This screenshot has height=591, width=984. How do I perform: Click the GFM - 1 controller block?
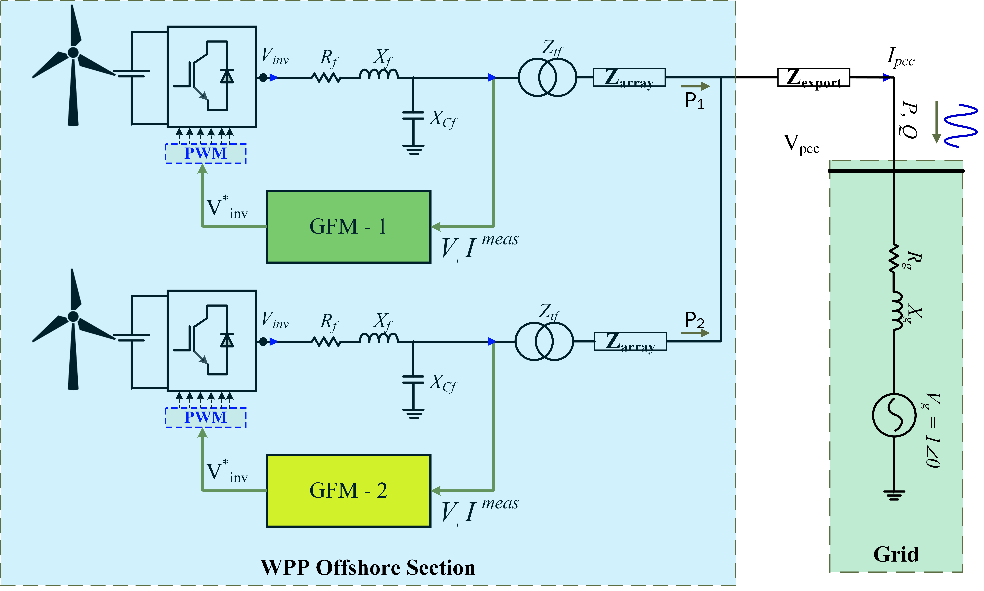pyautogui.click(x=348, y=227)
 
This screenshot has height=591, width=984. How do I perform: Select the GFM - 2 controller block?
pyautogui.click(x=348, y=491)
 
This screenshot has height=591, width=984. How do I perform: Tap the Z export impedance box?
pyautogui.click(x=813, y=77)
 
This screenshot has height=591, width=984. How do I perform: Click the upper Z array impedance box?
pyautogui.click(x=629, y=77)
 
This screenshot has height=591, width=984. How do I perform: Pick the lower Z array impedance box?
pyautogui.click(x=630, y=341)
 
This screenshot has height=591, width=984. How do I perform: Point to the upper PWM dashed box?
pyautogui.click(x=206, y=153)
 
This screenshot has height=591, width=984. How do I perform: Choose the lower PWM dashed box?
pyautogui.click(x=206, y=417)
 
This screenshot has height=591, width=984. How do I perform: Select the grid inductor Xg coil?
pyautogui.click(x=897, y=311)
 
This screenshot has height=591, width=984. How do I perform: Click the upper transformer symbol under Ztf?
pyautogui.click(x=547, y=77)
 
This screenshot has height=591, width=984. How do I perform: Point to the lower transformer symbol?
pyautogui.click(x=544, y=341)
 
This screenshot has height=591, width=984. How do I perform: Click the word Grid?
pyautogui.click(x=896, y=554)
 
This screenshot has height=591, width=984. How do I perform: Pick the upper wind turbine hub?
pyautogui.click(x=73, y=52)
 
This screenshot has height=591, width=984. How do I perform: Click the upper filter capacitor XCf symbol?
pyautogui.click(x=413, y=115)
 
